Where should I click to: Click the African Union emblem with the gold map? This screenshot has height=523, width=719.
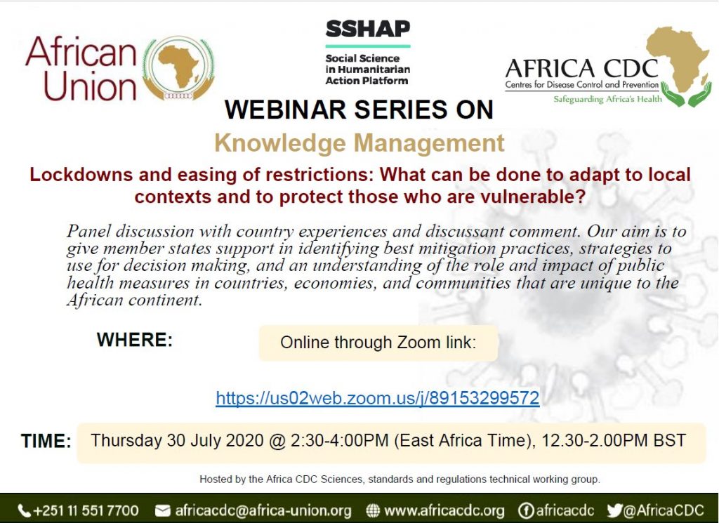tap(179, 69)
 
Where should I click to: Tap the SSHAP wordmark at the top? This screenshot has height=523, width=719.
tap(368, 29)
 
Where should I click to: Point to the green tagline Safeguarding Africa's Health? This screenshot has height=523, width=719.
tap(607, 99)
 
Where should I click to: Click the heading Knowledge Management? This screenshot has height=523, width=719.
tap(359, 143)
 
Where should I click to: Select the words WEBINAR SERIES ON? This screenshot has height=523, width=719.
tap(359, 110)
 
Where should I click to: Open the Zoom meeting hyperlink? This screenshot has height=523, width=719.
tap(377, 397)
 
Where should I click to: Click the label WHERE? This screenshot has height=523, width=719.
tap(135, 340)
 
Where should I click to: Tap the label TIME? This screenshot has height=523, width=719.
tap(46, 441)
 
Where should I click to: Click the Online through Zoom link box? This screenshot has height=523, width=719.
tap(378, 343)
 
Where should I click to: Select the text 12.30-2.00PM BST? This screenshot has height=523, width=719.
tap(614, 440)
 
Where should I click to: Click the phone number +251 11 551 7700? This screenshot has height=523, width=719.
tap(86, 510)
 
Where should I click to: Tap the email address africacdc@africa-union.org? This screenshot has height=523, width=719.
tap(263, 510)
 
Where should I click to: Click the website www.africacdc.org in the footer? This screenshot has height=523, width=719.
tap(444, 510)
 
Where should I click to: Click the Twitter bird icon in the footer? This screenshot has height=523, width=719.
tap(614, 510)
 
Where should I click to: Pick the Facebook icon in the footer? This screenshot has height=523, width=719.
tap(525, 510)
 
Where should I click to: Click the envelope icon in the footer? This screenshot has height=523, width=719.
tap(162, 510)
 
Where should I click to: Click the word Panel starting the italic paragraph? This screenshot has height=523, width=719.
tap(88, 230)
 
